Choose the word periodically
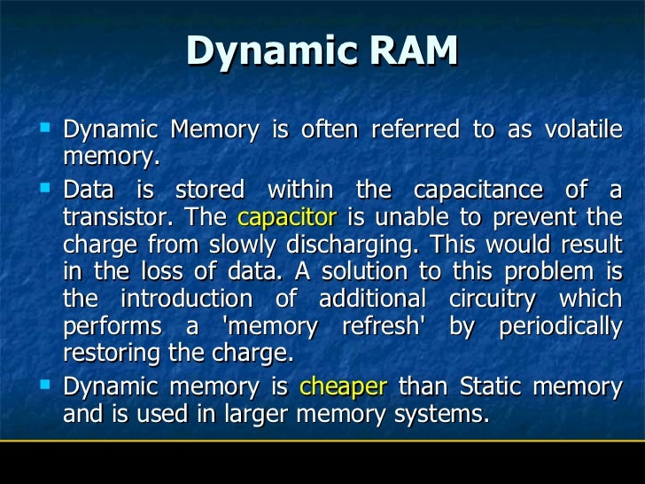(561, 325)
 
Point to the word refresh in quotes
(386, 325)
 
